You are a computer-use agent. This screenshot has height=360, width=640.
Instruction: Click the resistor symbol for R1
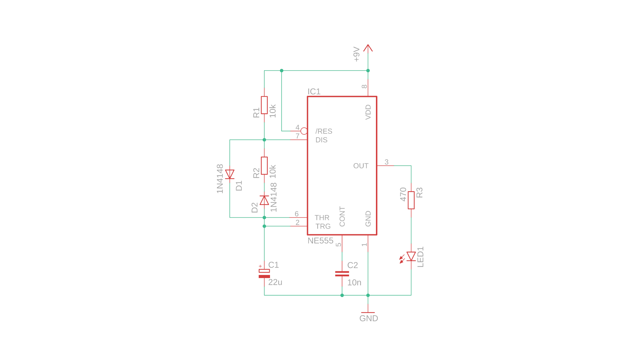click(x=264, y=105)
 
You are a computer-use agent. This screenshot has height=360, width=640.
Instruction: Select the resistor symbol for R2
click(x=264, y=166)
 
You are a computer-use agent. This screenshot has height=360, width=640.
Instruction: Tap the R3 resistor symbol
click(x=411, y=200)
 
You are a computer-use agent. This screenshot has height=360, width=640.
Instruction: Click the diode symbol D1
click(x=230, y=174)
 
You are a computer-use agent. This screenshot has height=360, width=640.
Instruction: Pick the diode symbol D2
click(x=264, y=200)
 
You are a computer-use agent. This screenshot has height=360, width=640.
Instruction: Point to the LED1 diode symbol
click(x=411, y=256)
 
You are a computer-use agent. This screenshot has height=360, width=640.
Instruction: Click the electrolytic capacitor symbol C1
click(x=264, y=273)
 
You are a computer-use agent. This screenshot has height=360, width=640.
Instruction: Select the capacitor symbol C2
click(x=342, y=274)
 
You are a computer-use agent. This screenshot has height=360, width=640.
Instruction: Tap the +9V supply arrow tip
click(x=368, y=46)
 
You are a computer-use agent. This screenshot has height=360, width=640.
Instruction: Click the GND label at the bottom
click(x=369, y=318)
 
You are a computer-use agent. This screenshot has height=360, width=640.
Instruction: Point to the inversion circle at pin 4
click(x=304, y=131)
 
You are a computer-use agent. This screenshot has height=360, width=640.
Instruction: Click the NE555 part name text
click(x=320, y=241)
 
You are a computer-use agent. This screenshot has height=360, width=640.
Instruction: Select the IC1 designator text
click(x=314, y=92)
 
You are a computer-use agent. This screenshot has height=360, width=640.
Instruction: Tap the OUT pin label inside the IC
click(x=361, y=166)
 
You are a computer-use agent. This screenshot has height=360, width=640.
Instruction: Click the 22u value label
click(x=275, y=282)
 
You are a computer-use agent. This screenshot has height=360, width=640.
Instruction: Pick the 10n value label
click(x=354, y=283)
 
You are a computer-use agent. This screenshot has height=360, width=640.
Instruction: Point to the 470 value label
click(x=403, y=194)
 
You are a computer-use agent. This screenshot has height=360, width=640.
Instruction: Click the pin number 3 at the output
click(x=386, y=162)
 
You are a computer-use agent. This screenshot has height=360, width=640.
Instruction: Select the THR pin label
click(x=322, y=218)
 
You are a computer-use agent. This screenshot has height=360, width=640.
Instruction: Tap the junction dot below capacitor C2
click(x=342, y=295)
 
